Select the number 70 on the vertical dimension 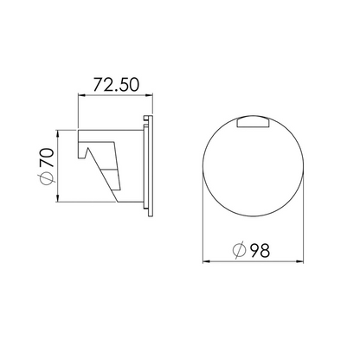click(47, 158)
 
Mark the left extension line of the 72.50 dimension click(80, 112)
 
